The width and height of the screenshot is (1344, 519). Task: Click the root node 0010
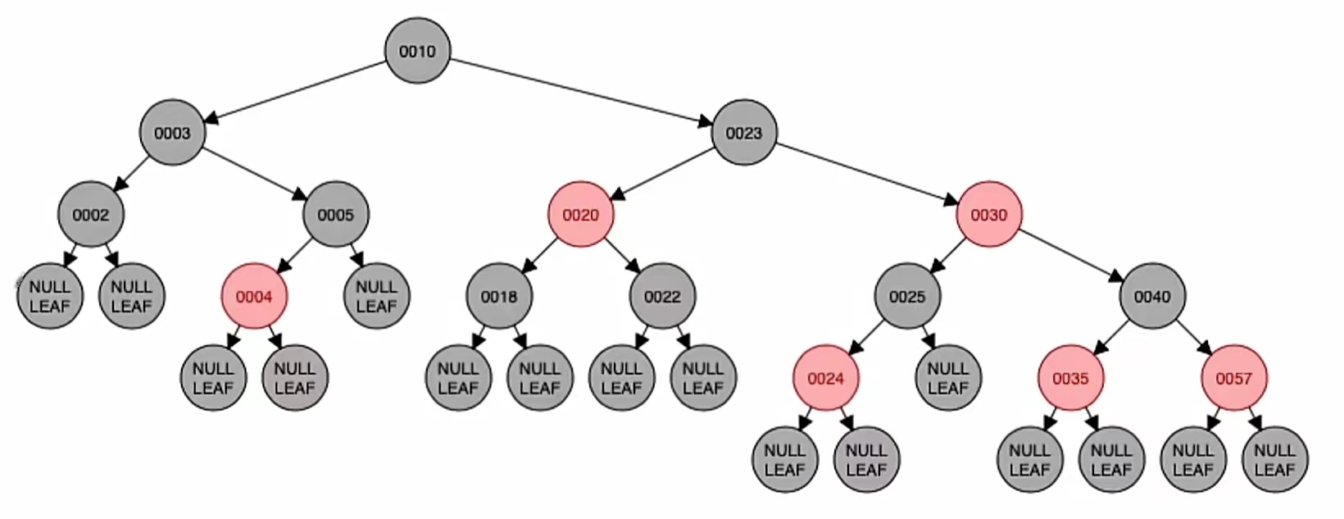pos(417,51)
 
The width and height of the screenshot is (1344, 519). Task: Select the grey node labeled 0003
pos(172,133)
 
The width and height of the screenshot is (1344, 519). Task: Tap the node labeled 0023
pos(743,133)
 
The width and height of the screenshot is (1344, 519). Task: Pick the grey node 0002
pos(90,215)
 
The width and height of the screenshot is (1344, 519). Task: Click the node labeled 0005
pos(335,215)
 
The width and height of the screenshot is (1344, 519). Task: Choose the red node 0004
pos(254,297)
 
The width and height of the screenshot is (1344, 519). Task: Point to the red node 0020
pos(580,215)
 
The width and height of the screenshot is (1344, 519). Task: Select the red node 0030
pos(988,215)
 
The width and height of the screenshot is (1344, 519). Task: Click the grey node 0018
pos(499,297)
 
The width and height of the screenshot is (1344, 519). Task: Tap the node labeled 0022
pos(662,297)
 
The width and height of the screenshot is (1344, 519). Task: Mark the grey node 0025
pos(906,297)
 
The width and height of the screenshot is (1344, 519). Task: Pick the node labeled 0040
pos(1151,297)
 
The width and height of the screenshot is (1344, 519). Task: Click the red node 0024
pos(825,378)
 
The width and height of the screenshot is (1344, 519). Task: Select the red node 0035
pos(1070,378)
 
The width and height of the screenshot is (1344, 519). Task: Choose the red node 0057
pos(1233,378)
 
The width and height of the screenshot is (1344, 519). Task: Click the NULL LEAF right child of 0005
pos(376,297)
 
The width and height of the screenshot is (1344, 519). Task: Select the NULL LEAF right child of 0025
pos(947,378)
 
